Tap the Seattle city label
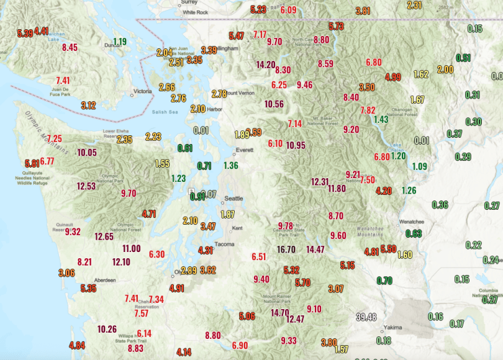[233, 199]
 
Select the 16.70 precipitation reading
[286, 250]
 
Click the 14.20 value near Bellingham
[266, 65]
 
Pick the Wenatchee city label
[410, 221]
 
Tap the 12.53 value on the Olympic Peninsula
[86, 186]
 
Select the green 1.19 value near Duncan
[120, 42]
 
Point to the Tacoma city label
[224, 244]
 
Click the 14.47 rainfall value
[315, 250]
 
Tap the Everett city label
[243, 150]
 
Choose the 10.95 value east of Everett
[296, 145]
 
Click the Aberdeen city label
[104, 281]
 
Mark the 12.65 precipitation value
[104, 236]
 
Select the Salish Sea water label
[165, 112]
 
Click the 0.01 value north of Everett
[201, 130]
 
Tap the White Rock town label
[195, 12]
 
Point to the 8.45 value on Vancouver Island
[70, 47]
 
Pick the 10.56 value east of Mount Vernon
[274, 104]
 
